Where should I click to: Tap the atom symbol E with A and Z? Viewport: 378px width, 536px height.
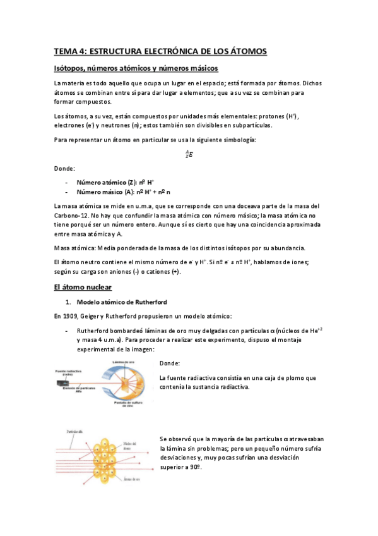click(x=189, y=154)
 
